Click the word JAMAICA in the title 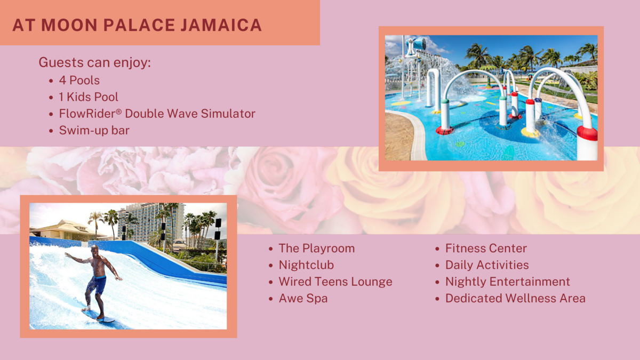(221, 25)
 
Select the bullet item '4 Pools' (79, 81)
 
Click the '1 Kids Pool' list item (89, 97)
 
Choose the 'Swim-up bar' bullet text (94, 131)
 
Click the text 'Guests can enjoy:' (94, 62)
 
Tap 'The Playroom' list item (317, 249)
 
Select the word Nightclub (306, 265)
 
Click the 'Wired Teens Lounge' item (335, 282)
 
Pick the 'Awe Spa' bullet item (303, 298)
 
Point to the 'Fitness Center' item (486, 249)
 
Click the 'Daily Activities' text (487, 265)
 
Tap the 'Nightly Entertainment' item (508, 282)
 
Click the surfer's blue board (98, 316)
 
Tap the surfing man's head (95, 250)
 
